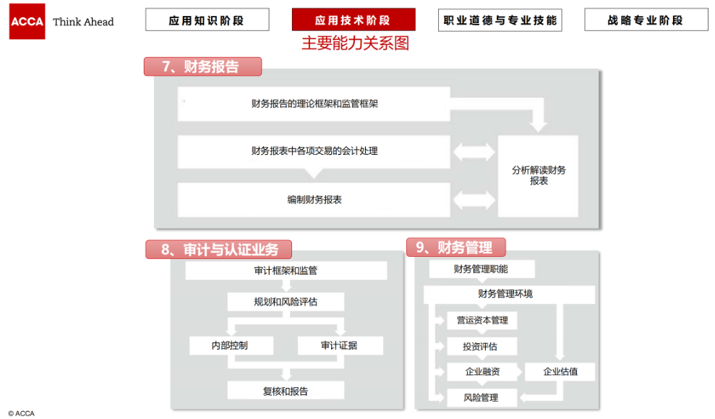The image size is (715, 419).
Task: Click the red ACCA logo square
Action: [x=27, y=22]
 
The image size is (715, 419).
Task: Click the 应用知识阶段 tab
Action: [x=207, y=20]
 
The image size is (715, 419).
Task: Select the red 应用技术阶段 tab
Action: [x=354, y=20]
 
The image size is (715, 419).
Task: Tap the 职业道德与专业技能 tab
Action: [x=500, y=20]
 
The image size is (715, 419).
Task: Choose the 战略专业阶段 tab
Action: [x=646, y=20]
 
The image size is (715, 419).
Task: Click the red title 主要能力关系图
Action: [x=355, y=43]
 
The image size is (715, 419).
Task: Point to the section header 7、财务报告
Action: [x=203, y=67]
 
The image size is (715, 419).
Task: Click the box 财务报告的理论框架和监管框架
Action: [x=314, y=104]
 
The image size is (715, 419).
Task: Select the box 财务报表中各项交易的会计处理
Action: [x=314, y=151]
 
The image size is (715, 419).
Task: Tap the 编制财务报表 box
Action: [x=314, y=200]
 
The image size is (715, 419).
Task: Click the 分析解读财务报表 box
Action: [x=538, y=176]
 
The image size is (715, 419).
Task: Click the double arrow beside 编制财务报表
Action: [x=474, y=200]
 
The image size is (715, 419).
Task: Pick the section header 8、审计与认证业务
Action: [x=219, y=250]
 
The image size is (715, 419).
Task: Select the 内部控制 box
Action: [x=231, y=345]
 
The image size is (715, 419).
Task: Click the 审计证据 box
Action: [x=341, y=345]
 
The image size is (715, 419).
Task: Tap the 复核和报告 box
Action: [x=286, y=391]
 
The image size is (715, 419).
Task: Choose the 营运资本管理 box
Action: [x=482, y=321]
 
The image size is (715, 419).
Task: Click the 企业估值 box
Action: [x=560, y=371]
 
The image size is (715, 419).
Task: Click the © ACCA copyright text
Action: [x=22, y=413]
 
